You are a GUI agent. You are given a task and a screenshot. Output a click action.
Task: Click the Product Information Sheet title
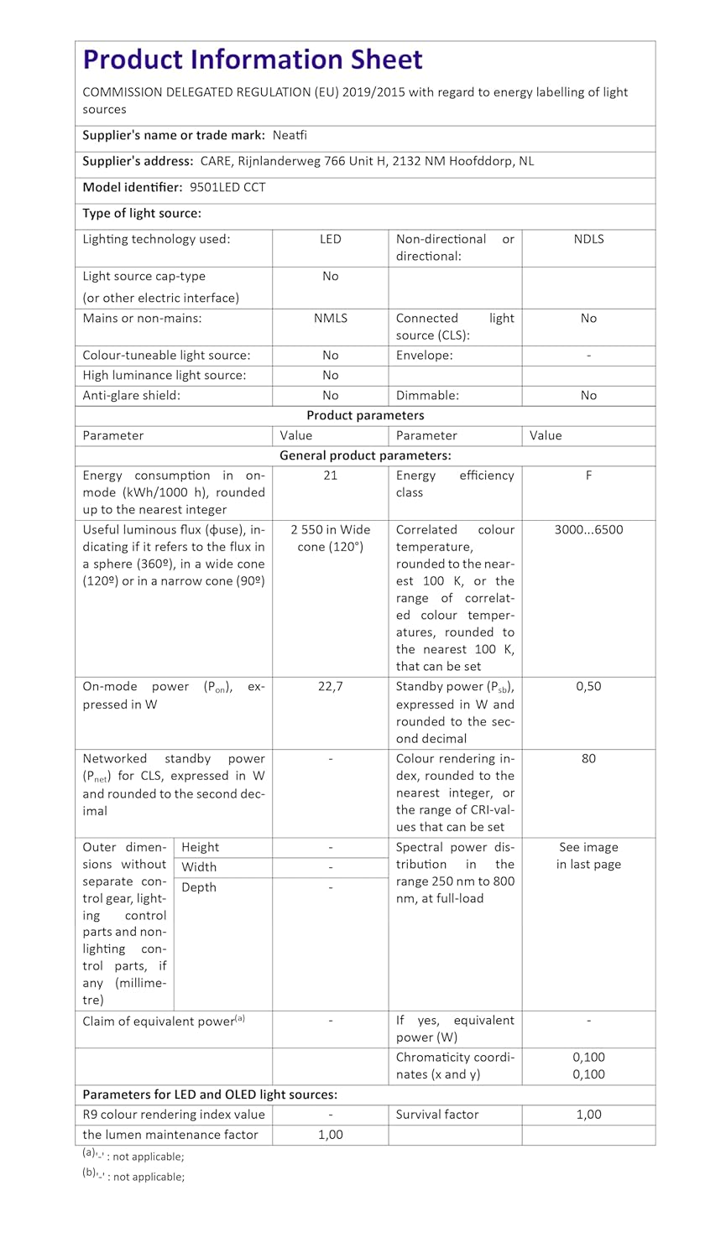(253, 60)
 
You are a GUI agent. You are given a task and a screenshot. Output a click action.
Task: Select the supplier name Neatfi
(290, 135)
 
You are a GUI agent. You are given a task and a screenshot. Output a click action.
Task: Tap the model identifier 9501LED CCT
(227, 187)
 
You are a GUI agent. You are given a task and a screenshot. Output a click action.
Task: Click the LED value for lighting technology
(331, 239)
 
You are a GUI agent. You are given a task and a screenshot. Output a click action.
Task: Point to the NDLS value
(588, 239)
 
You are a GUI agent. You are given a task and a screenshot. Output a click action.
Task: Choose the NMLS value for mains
(331, 318)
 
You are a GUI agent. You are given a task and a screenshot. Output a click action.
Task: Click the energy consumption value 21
(331, 476)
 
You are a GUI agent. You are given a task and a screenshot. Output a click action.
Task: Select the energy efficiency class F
(588, 476)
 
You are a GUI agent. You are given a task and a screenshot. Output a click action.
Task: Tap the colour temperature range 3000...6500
(588, 530)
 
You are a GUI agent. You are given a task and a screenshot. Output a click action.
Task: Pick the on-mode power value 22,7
(331, 687)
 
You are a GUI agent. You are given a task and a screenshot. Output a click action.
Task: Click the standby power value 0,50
(588, 687)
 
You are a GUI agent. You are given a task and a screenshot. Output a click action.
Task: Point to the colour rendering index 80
(588, 759)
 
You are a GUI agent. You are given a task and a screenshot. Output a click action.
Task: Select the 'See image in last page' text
(588, 856)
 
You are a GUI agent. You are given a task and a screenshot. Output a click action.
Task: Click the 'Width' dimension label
(199, 867)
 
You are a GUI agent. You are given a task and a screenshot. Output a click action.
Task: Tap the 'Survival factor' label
(437, 1115)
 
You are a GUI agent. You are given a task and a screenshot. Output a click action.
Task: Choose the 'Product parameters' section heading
(365, 416)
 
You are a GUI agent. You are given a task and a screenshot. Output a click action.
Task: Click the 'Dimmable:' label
(427, 396)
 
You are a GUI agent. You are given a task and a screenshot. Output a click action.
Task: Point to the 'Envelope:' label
(425, 356)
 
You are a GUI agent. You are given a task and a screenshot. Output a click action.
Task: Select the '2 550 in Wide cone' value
(331, 538)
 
